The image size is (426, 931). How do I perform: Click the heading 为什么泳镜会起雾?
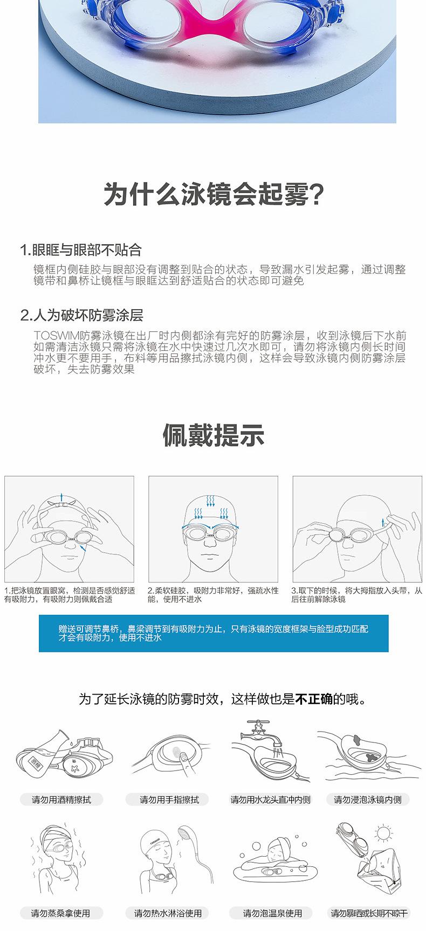(x=213, y=194)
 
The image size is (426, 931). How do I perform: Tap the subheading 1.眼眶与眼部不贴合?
(x=80, y=250)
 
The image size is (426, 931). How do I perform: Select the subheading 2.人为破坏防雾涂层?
(x=81, y=315)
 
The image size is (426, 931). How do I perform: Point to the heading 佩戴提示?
(x=213, y=436)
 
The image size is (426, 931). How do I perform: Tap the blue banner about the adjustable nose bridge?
(x=213, y=633)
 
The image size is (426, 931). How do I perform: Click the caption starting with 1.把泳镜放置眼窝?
(x=69, y=594)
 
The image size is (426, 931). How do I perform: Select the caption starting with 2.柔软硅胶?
(x=212, y=594)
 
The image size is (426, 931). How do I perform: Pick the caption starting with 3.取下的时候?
(x=356, y=594)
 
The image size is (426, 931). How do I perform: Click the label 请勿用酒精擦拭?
(x=61, y=800)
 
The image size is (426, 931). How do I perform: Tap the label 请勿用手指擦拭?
(x=169, y=800)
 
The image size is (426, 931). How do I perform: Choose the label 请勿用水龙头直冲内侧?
(x=270, y=800)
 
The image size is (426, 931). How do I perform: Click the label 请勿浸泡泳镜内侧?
(x=367, y=800)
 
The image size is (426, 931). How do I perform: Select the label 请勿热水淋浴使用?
(x=168, y=913)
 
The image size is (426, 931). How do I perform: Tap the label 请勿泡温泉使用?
(x=272, y=913)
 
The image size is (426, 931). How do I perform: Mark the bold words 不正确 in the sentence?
(x=314, y=699)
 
